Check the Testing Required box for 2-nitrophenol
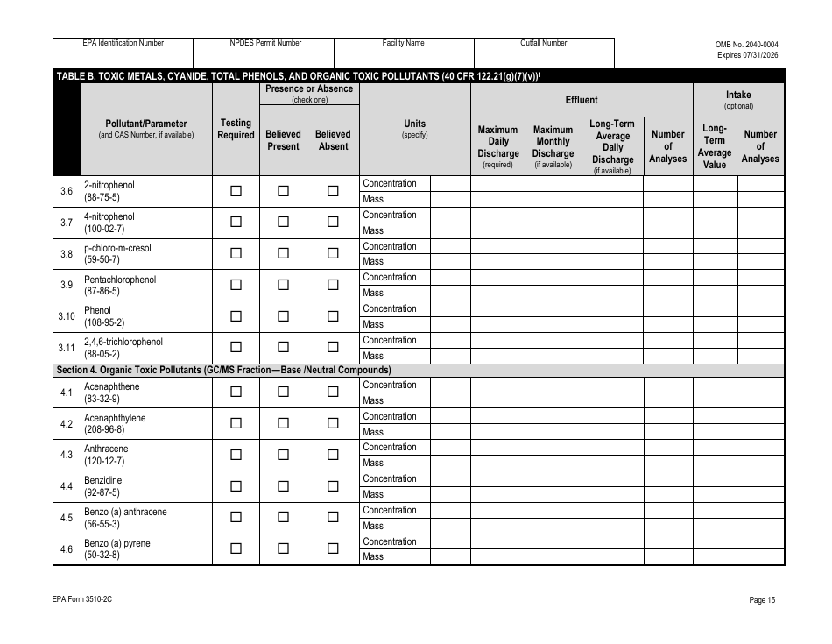[236, 191]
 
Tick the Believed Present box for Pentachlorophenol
[283, 285]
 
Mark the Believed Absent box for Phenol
[333, 316]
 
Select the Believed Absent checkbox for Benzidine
[333, 486]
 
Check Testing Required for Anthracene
[236, 455]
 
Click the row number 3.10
[67, 316]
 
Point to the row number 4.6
[67, 549]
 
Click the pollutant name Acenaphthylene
[115, 418]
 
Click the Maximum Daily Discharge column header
[497, 146]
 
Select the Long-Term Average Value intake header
[715, 146]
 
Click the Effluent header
[582, 100]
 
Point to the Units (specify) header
[414, 129]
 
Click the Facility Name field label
[403, 43]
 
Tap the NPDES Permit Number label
[265, 43]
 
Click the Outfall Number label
[543, 43]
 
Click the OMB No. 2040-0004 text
[746, 45]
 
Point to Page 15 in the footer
[762, 600]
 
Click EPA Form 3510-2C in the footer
[81, 600]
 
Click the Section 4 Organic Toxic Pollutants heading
[223, 370]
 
